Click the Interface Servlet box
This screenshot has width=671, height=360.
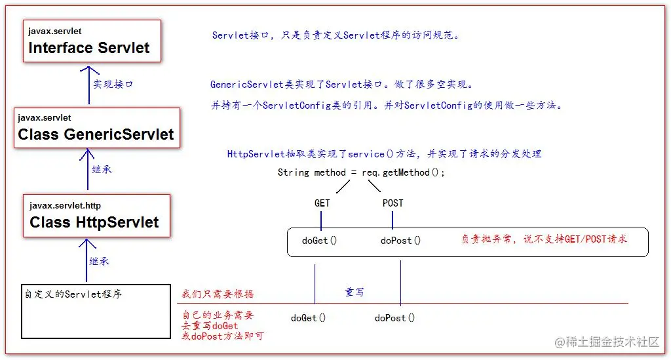[92, 41]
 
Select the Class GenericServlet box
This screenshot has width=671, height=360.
[97, 128]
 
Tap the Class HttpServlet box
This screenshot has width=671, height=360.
[97, 216]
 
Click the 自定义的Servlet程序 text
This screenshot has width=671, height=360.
[73, 294]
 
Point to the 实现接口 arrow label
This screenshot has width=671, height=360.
[113, 85]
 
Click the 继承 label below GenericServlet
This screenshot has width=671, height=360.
[102, 170]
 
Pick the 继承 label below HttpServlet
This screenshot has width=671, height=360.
[100, 261]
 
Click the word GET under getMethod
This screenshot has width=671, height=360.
[322, 203]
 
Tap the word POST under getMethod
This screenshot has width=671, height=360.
[393, 203]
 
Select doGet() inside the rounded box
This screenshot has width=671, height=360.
[319, 241]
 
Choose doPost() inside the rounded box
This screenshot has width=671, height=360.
[400, 241]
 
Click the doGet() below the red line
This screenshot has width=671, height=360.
[308, 318]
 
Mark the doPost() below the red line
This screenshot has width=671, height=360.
[394, 318]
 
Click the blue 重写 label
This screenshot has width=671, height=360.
[355, 292]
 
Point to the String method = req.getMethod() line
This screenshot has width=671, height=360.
[361, 172]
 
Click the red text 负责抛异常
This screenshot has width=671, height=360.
[487, 239]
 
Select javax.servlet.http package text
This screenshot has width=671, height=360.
[65, 205]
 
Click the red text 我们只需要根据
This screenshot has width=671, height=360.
[218, 294]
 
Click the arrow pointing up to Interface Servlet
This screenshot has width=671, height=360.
[89, 85]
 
